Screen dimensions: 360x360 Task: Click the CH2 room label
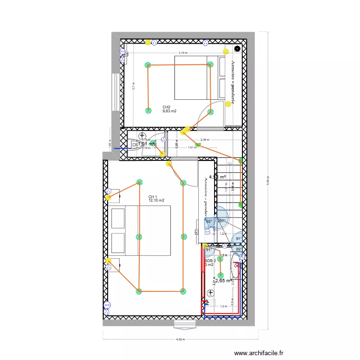pyautogui.click(x=167, y=107)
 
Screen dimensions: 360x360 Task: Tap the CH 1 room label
pyautogui.click(x=153, y=197)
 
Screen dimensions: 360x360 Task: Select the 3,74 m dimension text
pyautogui.click(x=183, y=53)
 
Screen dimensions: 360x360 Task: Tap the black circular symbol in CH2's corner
pyautogui.click(x=237, y=48)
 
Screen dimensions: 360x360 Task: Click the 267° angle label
pyautogui.click(x=221, y=221)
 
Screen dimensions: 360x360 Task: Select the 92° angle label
pyautogui.click(x=209, y=221)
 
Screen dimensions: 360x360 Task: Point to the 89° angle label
pyautogui.click(x=239, y=249)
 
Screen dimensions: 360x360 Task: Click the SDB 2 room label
pyautogui.click(x=210, y=261)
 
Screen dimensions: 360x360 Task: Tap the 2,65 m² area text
pyautogui.click(x=223, y=281)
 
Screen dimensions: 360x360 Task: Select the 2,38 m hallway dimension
pyautogui.click(x=205, y=140)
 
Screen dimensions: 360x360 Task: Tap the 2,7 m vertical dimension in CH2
pyautogui.click(x=134, y=86)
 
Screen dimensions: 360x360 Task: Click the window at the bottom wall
pyautogui.click(x=185, y=325)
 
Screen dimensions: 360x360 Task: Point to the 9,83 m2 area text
pyautogui.click(x=169, y=111)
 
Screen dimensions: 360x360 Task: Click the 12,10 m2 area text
pyautogui.click(x=156, y=201)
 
